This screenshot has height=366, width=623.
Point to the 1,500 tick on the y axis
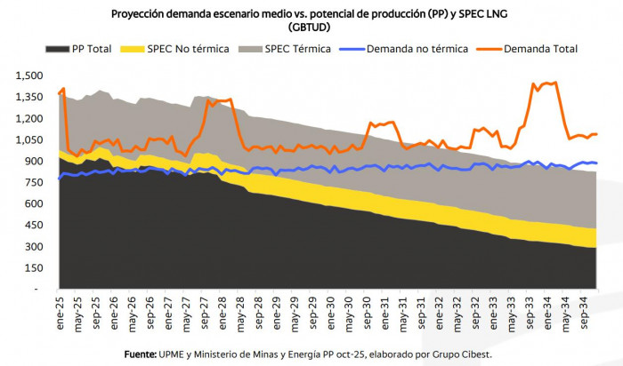(28, 76)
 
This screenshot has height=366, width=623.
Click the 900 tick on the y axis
(34, 161)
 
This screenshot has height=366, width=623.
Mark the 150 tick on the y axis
(34, 268)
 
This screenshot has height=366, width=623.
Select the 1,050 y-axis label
(28, 139)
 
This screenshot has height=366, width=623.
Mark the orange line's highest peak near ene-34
(555, 83)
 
